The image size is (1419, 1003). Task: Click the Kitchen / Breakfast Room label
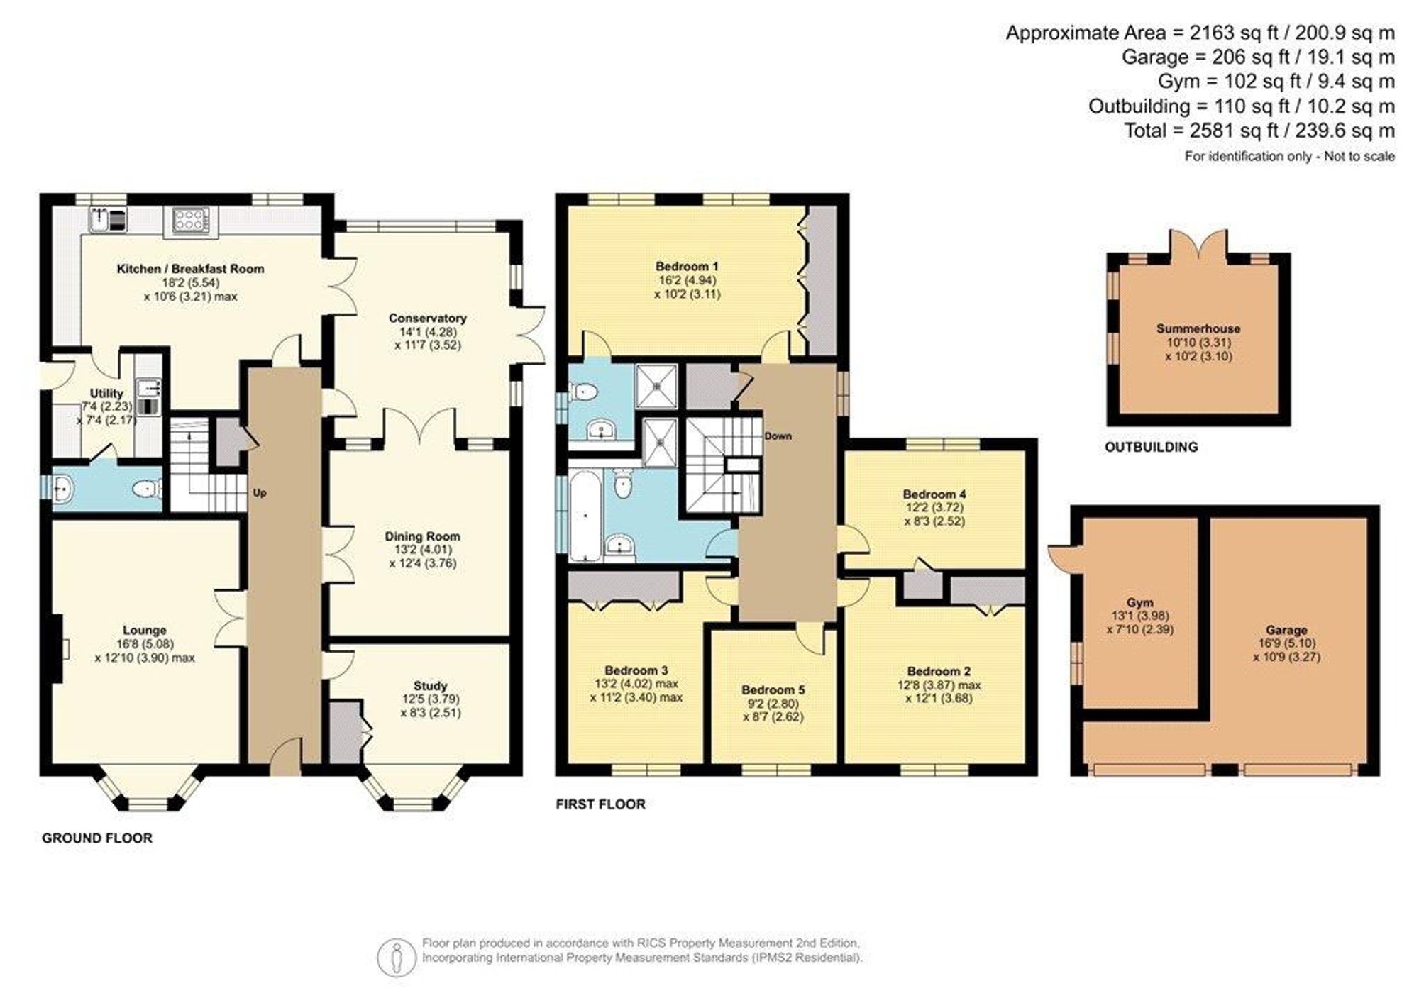point(190,269)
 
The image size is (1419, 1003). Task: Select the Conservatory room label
point(427,318)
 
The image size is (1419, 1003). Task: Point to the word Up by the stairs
point(260,493)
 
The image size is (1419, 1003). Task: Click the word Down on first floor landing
point(778,436)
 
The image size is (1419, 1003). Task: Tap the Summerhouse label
point(1198,328)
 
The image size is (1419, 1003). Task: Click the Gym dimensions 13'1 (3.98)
point(1140,616)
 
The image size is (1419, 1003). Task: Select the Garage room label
point(1286,630)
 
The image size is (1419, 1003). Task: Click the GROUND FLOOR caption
point(97,838)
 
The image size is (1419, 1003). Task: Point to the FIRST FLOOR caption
point(600,804)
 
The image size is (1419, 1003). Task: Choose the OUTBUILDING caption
point(1151,447)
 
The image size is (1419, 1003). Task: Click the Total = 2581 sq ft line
point(1259,131)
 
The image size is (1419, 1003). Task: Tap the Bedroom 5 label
point(773,689)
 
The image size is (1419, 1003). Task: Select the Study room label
point(430,686)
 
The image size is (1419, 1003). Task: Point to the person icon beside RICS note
point(396,957)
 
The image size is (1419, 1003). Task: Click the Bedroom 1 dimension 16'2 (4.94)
point(687,280)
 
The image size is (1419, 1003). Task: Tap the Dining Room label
point(422,536)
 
